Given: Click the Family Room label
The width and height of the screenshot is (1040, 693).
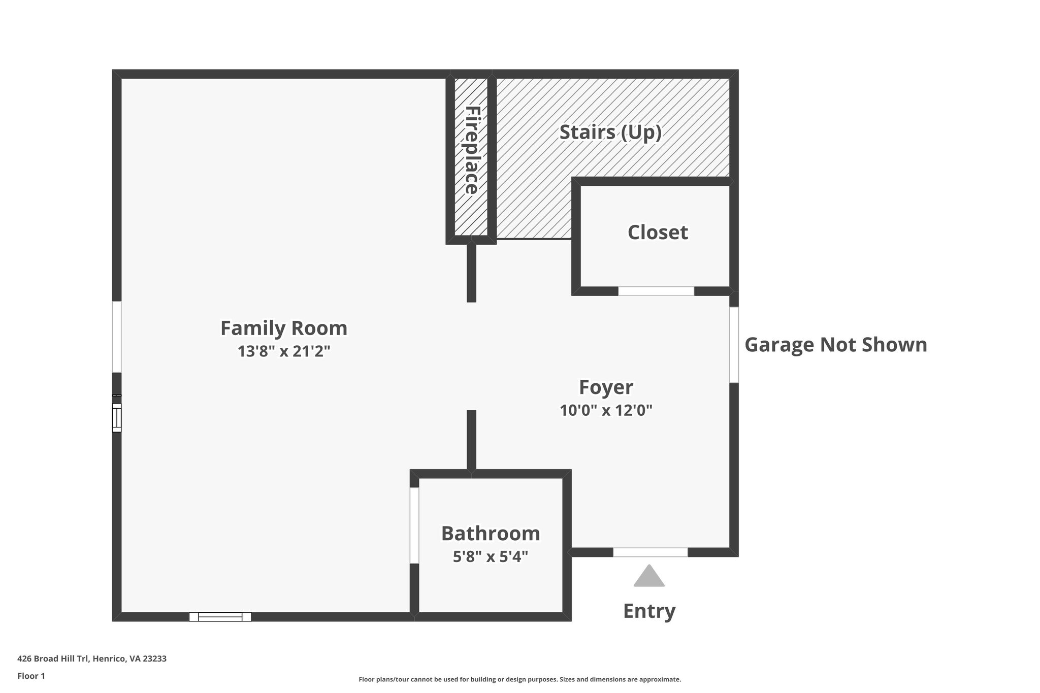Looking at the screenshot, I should point(283,328).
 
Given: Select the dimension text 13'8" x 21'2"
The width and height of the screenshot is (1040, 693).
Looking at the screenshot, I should point(284,351).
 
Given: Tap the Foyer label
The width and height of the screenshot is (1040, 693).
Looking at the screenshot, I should point(606,387).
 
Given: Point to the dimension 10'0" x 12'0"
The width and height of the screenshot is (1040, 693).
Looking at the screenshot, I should point(606,410).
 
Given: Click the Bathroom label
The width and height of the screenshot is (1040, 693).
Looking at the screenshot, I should point(491,534).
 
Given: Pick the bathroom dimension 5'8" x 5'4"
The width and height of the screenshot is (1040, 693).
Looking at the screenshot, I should point(491,557).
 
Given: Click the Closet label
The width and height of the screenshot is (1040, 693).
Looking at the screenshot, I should point(658,233).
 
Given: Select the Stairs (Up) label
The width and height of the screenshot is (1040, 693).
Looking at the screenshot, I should point(610,132).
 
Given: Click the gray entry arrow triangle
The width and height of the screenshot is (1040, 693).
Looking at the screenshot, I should point(649,577).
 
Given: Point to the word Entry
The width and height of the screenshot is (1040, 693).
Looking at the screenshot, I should point(649,611).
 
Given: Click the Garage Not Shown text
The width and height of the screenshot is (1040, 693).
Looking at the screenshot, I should point(835,345).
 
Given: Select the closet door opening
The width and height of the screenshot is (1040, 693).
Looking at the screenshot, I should point(656,291).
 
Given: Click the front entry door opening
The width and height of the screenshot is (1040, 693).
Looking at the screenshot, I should point(650,552).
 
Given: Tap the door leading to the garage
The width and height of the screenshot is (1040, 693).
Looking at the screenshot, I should point(734,344).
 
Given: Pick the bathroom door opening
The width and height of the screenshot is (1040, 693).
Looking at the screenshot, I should point(414,525).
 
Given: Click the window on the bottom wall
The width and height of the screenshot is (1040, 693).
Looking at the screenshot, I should point(220,617).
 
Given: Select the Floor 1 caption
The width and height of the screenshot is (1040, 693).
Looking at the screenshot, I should point(31,676).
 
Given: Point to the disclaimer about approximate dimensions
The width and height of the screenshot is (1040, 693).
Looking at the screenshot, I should point(519,679).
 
